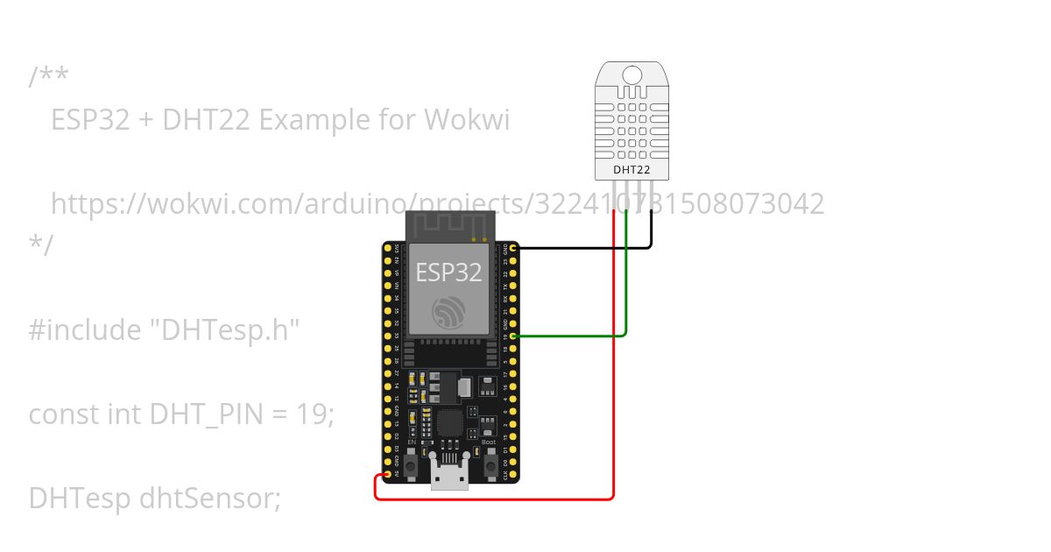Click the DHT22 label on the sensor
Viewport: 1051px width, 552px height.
point(631,170)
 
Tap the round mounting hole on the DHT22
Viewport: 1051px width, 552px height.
point(631,74)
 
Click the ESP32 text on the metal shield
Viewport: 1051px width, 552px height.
point(448,272)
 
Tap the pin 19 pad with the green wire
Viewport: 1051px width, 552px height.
point(513,336)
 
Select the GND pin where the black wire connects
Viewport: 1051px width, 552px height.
point(513,248)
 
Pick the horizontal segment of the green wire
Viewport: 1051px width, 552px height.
point(569,336)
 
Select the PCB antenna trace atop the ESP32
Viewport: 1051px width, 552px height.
point(448,226)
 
